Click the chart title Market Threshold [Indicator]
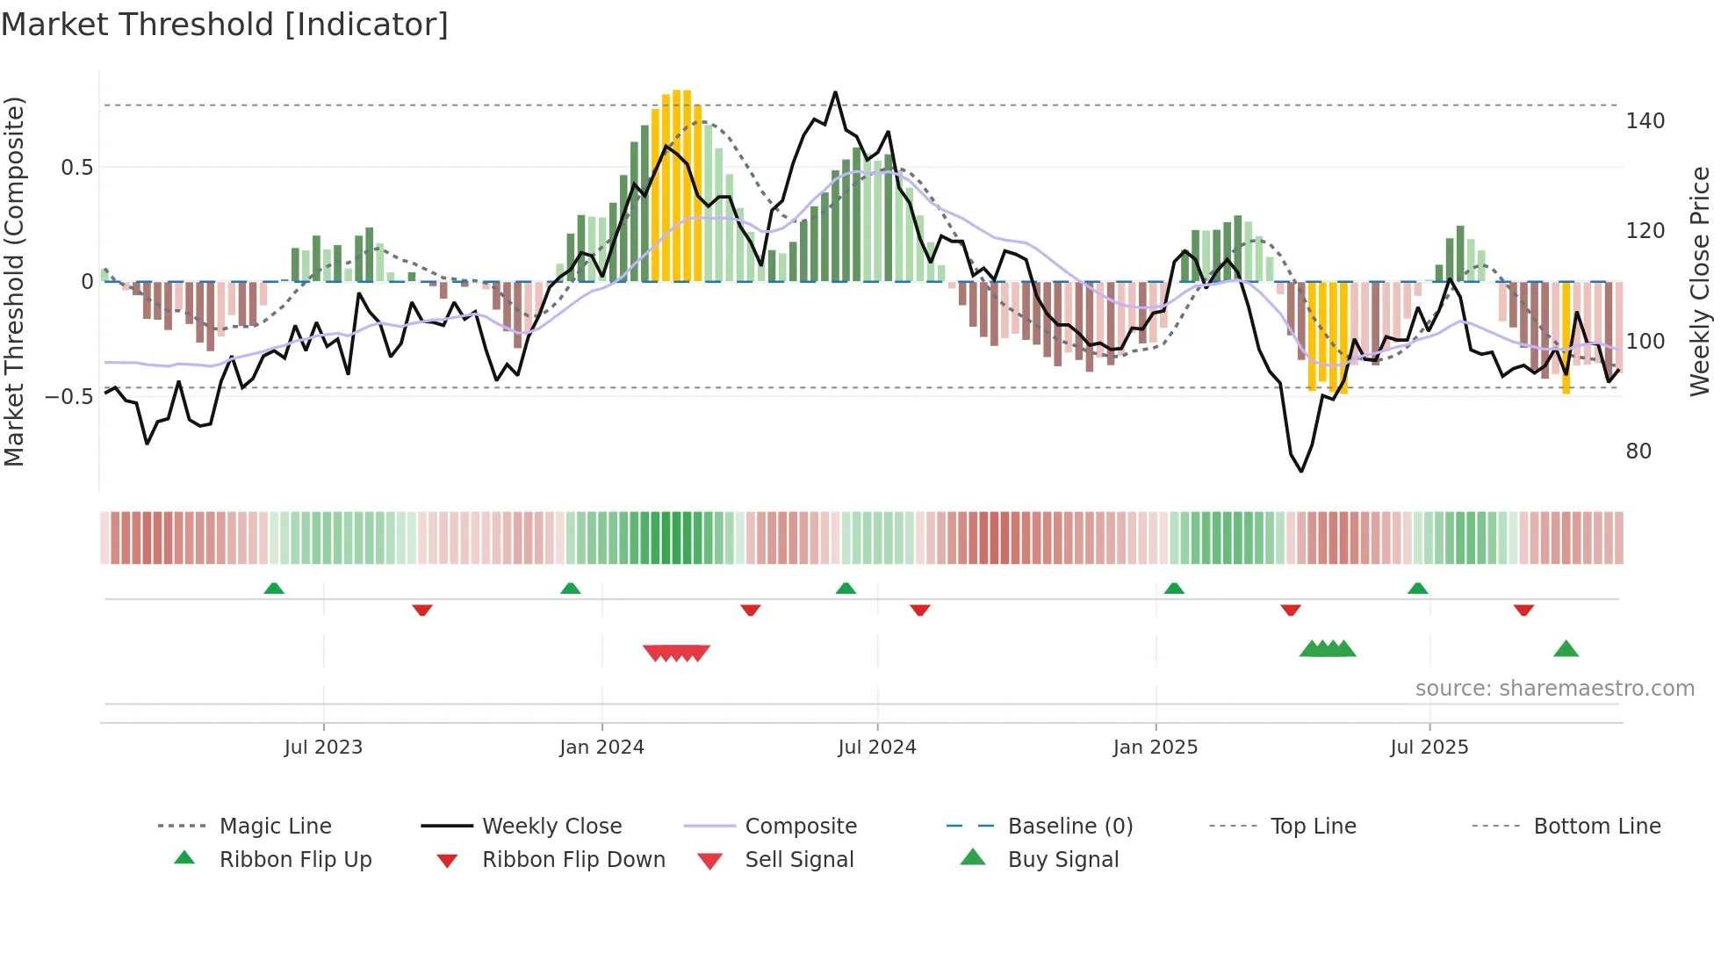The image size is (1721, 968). coord(225,25)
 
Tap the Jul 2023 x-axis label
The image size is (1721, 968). coord(323,748)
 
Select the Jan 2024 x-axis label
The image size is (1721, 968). coord(601,748)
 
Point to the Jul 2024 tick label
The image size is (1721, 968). coord(876,748)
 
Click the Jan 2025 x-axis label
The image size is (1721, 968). coord(1155,748)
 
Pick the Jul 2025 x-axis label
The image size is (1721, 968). coord(1429,748)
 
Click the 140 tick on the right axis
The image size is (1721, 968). coord(1645,121)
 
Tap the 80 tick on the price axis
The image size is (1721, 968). coord(1638,451)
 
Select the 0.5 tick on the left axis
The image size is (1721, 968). coord(76,168)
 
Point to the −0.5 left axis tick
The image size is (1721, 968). coord(69,397)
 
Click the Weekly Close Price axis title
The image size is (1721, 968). coord(1700,281)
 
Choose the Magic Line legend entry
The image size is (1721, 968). coord(275,827)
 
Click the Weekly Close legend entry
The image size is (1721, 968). coord(551,827)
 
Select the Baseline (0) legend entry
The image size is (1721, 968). coord(1069,827)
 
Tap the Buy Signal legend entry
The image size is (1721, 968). coord(1062,860)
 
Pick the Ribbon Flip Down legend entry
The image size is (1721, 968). coord(573,860)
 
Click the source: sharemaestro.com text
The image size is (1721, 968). coord(1554,689)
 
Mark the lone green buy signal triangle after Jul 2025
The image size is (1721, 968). coord(1566,650)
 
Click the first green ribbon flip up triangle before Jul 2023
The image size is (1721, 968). coord(274,589)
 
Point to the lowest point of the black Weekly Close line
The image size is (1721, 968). coord(1301,471)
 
